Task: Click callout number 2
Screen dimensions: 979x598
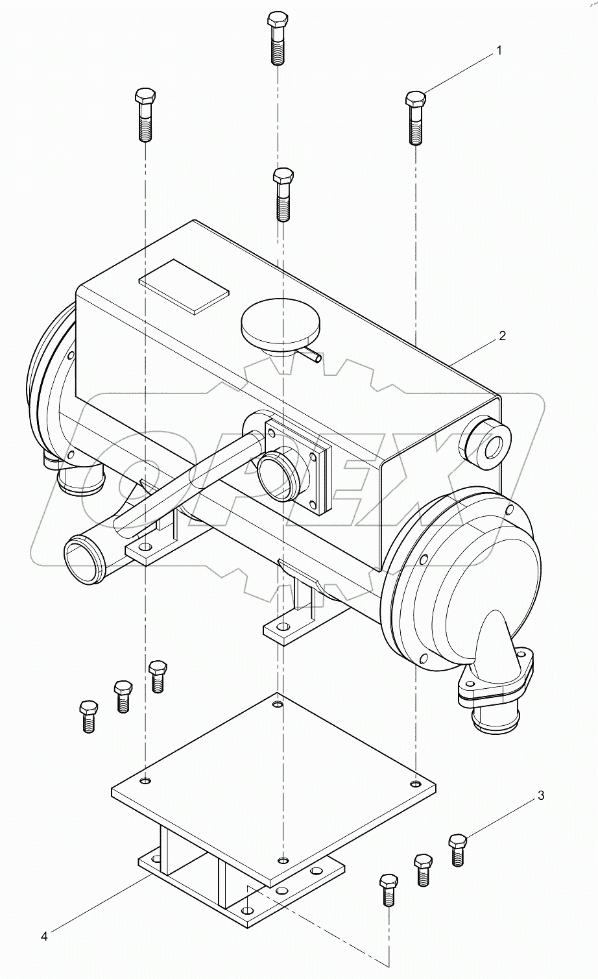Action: click(502, 336)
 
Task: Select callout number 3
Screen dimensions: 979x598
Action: click(540, 795)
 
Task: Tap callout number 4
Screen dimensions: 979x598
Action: click(44, 936)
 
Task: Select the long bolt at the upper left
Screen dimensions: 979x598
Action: click(145, 114)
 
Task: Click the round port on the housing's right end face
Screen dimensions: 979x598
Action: click(486, 445)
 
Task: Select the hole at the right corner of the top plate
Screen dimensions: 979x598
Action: click(414, 781)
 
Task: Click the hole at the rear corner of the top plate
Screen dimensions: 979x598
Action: click(278, 704)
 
